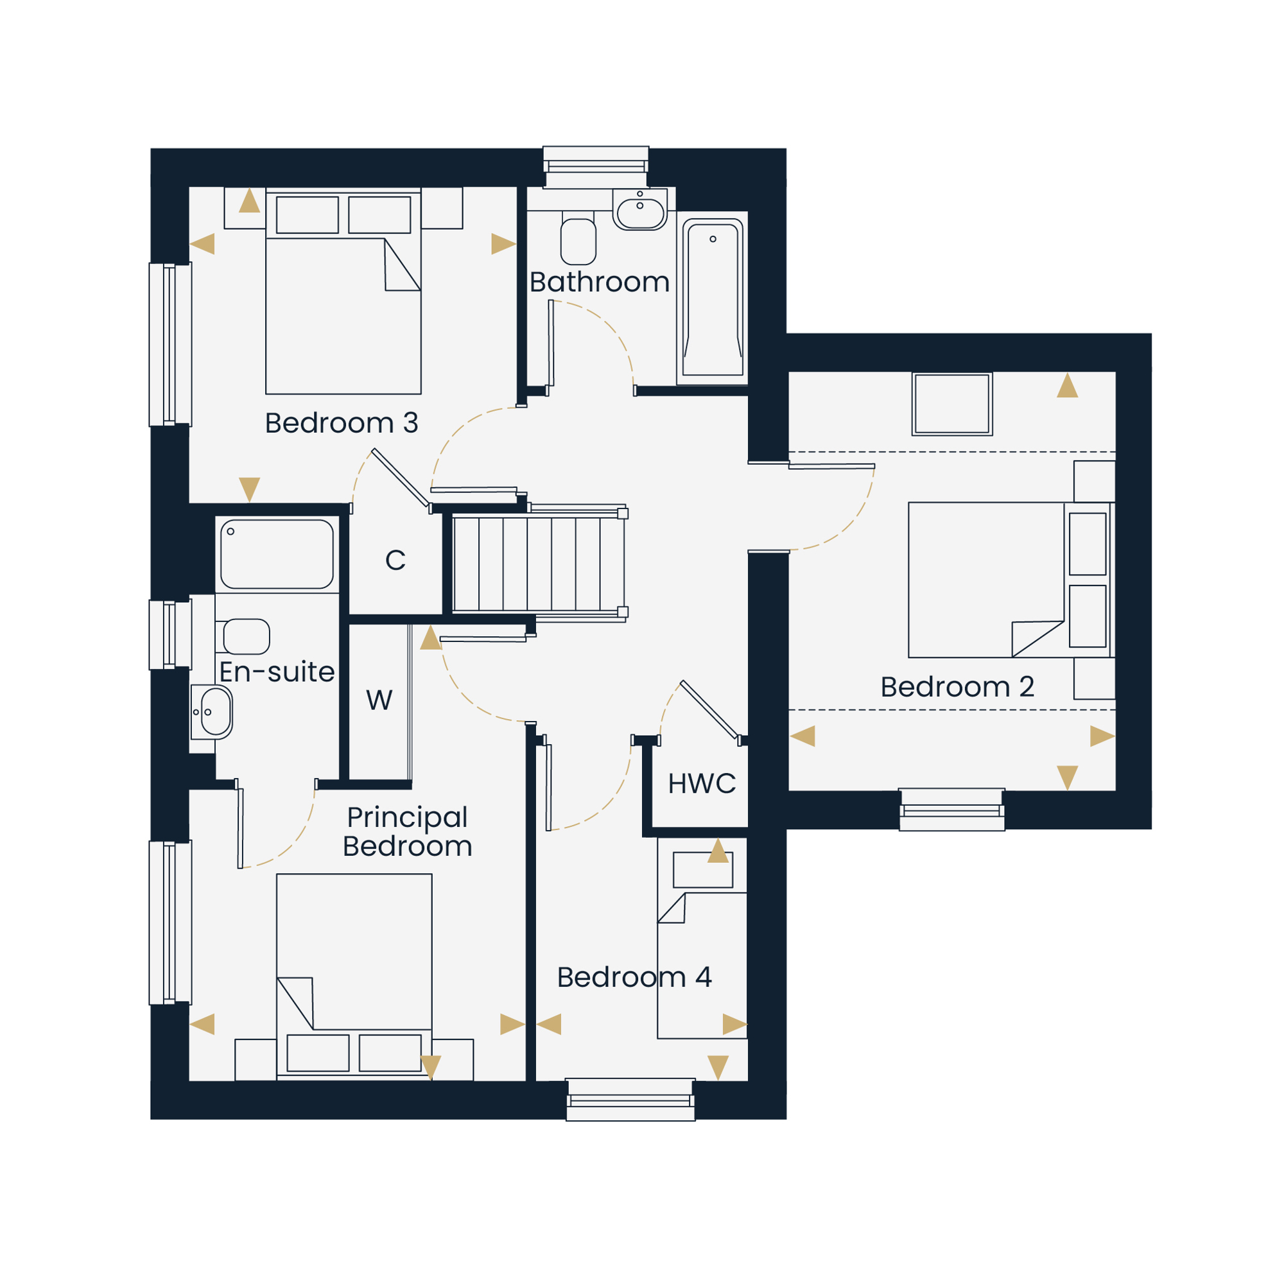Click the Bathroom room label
[600, 282]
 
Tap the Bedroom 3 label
[342, 422]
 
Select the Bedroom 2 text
[958, 686]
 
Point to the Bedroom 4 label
[635, 977]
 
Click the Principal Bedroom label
[408, 831]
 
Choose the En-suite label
[277, 672]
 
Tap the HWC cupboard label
[702, 783]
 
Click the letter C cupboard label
[395, 560]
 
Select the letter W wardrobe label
[379, 700]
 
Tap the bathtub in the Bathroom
[713, 299]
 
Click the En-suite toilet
[243, 637]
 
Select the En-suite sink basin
[212, 712]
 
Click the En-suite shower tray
[277, 554]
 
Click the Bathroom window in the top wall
[596, 167]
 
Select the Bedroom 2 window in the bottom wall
[951, 810]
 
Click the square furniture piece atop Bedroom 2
[951, 404]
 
